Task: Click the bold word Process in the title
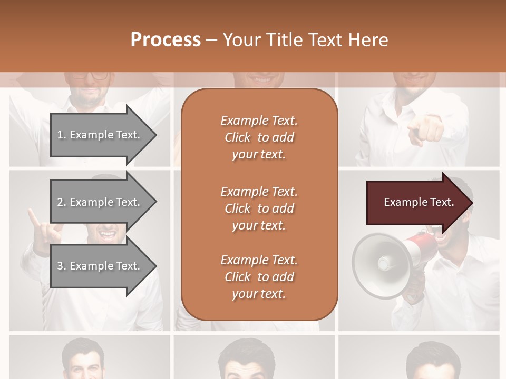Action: pyautogui.click(x=166, y=40)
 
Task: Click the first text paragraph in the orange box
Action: pyautogui.click(x=259, y=137)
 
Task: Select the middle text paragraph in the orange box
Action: pyautogui.click(x=259, y=208)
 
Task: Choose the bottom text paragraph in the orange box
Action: pyautogui.click(x=259, y=277)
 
